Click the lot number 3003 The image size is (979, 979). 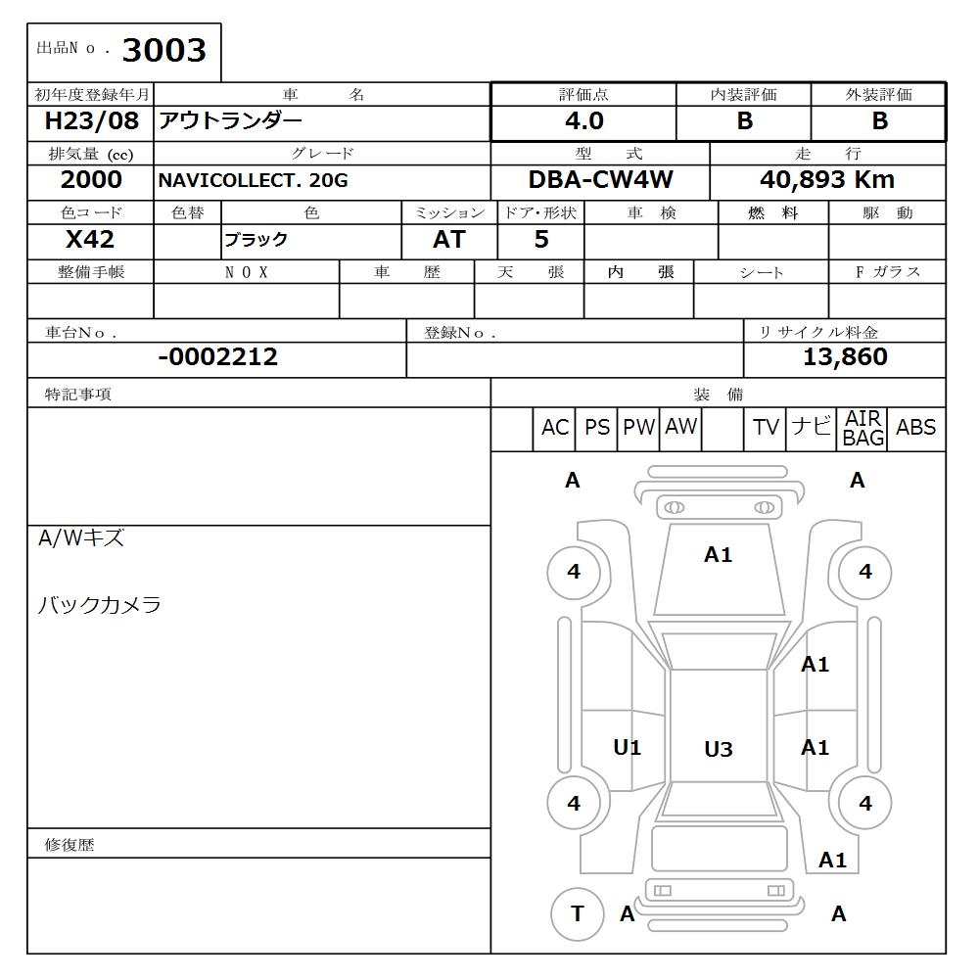pyautogui.click(x=164, y=51)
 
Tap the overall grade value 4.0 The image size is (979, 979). pyautogui.click(x=584, y=121)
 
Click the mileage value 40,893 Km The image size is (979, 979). pyautogui.click(x=827, y=180)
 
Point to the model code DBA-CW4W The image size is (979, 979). pyautogui.click(x=600, y=180)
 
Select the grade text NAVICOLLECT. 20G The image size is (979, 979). pyautogui.click(x=254, y=181)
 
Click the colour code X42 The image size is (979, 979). pyautogui.click(x=90, y=240)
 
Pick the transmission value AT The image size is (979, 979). pyautogui.click(x=448, y=240)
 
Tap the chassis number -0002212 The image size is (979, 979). pyautogui.click(x=217, y=357)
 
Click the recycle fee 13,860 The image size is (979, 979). pyautogui.click(x=845, y=357)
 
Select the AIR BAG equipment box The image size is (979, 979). pyautogui.click(x=862, y=429)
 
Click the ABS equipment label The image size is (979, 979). pyautogui.click(x=915, y=428)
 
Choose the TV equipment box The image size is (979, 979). pyautogui.click(x=766, y=428)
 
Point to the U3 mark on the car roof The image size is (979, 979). pyautogui.click(x=719, y=750)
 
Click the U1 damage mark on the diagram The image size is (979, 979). pyautogui.click(x=628, y=748)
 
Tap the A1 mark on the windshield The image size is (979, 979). pyautogui.click(x=719, y=555)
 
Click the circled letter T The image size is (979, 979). pyautogui.click(x=578, y=913)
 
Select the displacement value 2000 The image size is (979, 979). pyautogui.click(x=91, y=180)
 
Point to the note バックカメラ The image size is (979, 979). pyautogui.click(x=99, y=605)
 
